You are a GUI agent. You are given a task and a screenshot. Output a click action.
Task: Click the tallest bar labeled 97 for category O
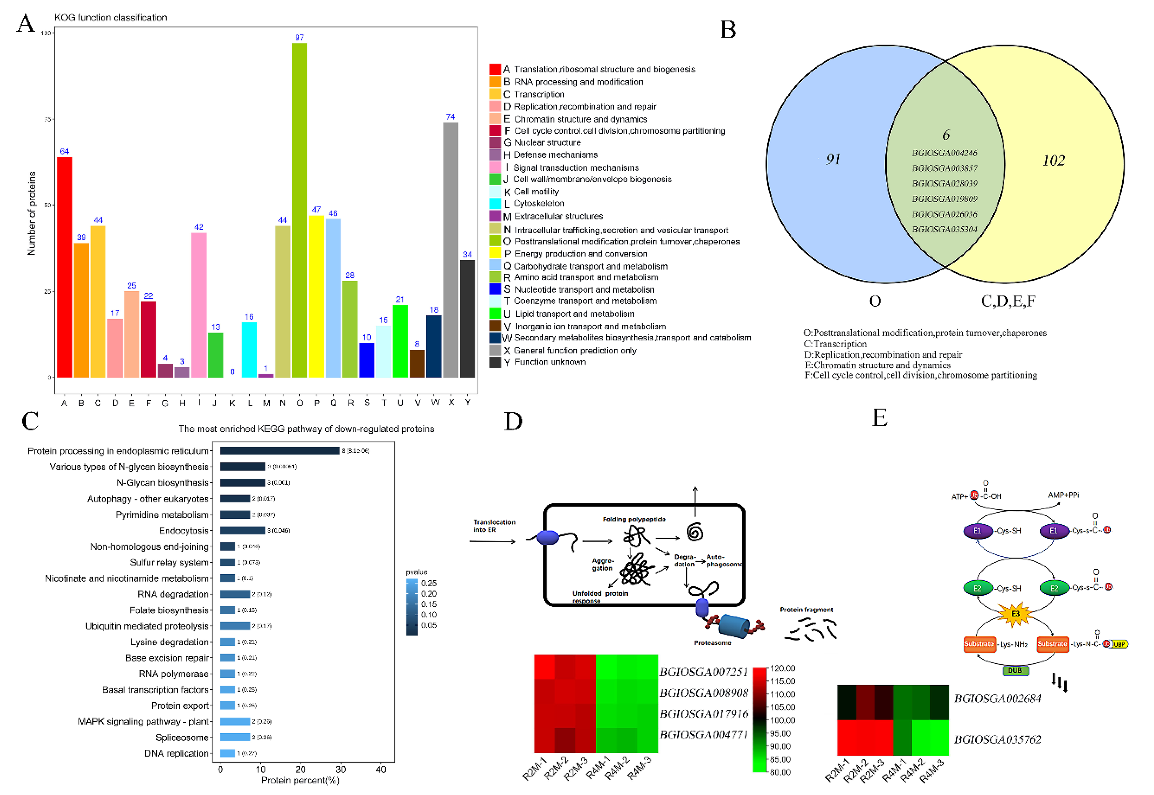pyautogui.click(x=300, y=209)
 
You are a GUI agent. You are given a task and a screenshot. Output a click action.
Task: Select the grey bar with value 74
pyautogui.click(x=450, y=249)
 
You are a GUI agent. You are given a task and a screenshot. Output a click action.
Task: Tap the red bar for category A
pyautogui.click(x=65, y=266)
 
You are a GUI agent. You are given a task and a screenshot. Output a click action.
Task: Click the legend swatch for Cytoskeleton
pyautogui.click(x=495, y=203)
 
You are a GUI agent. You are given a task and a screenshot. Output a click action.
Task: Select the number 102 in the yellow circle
pyautogui.click(x=1053, y=160)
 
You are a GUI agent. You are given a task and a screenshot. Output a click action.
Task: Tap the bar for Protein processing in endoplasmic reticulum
pyautogui.click(x=280, y=450)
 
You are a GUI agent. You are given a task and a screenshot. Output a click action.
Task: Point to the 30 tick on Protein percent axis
pyautogui.click(x=341, y=769)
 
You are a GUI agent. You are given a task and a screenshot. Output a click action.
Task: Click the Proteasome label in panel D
pyautogui.click(x=713, y=643)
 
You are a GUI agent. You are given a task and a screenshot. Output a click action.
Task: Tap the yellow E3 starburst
pyautogui.click(x=1015, y=614)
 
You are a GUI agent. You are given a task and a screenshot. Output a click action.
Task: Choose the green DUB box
pyautogui.click(x=1015, y=671)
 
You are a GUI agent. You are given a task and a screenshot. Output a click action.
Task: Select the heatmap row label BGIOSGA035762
pyautogui.click(x=998, y=739)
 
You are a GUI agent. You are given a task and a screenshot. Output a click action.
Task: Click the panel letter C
pyautogui.click(x=30, y=421)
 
